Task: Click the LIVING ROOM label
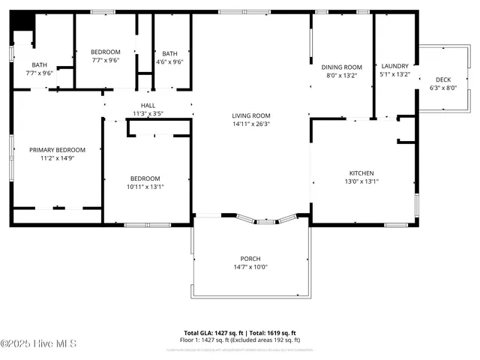(x=251, y=115)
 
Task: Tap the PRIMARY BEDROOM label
(x=57, y=150)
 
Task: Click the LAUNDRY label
(x=394, y=66)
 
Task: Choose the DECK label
(x=443, y=79)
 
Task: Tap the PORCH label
(x=250, y=258)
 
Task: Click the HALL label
(x=148, y=106)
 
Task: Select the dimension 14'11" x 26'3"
(x=251, y=124)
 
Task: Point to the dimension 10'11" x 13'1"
(x=146, y=187)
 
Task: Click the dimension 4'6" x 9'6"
(x=170, y=61)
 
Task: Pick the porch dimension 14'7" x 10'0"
(x=250, y=266)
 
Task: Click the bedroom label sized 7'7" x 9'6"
(x=106, y=52)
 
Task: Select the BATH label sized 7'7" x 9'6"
(x=39, y=65)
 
